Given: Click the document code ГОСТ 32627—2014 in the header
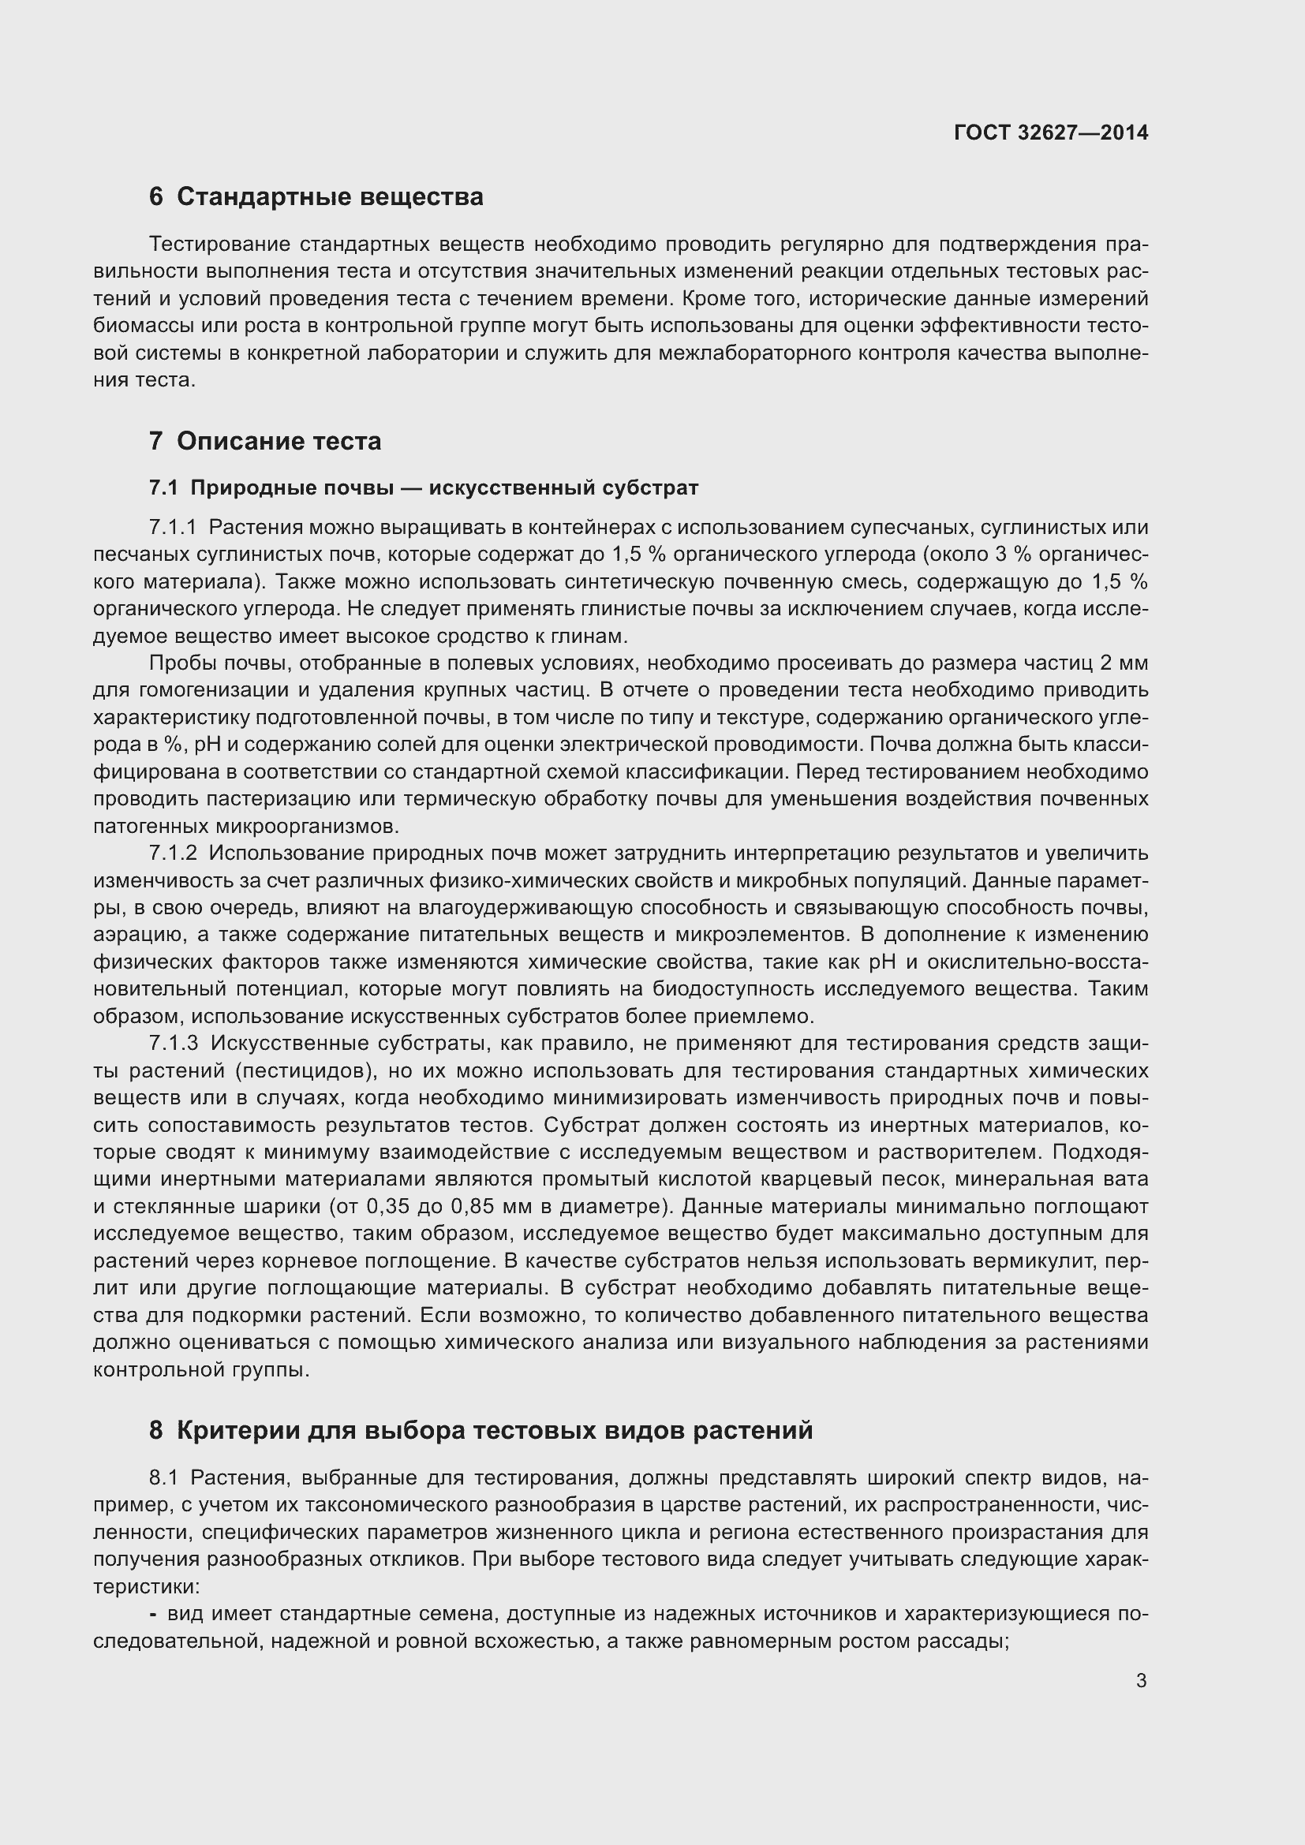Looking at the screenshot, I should point(1050,133).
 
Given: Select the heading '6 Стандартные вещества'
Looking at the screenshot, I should point(316,197).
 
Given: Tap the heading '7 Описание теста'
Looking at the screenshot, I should point(265,441).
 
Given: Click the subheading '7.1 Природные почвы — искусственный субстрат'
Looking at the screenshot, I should point(424,487).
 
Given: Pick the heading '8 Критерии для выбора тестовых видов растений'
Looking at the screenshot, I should point(480,1430).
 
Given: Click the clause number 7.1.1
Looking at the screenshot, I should point(173,528).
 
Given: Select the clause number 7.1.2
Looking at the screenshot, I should point(173,853).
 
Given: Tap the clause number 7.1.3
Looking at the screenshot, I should point(173,1043).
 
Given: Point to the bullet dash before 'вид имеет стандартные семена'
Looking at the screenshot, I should point(154,1614).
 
